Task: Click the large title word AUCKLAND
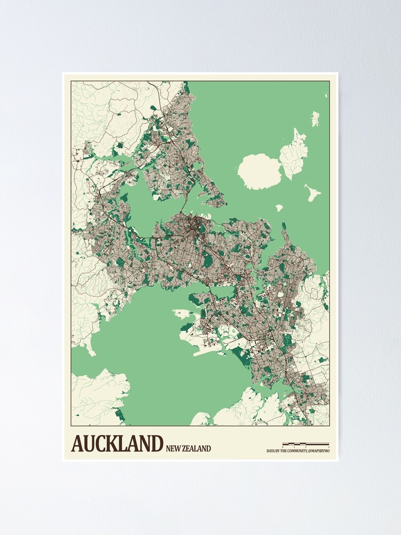click(117, 444)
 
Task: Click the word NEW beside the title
click(174, 448)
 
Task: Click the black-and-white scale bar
click(305, 444)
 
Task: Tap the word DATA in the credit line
click(271, 451)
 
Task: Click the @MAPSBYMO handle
click(319, 451)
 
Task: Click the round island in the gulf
click(259, 171)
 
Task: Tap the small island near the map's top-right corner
click(315, 118)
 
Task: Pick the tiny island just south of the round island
click(279, 208)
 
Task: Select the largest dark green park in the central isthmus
click(207, 260)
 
